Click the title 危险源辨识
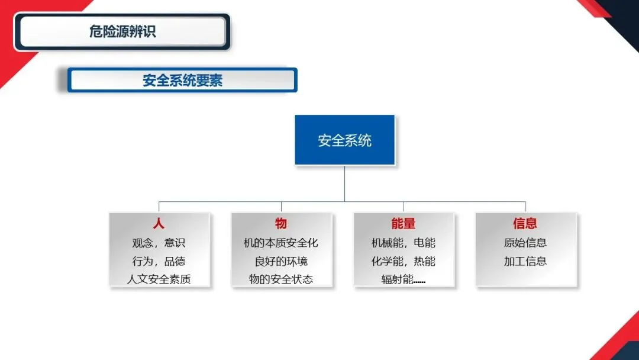[122, 32]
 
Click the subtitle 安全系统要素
[182, 81]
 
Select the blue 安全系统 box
[344, 140]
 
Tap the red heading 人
[159, 224]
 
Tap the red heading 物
[281, 224]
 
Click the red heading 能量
[404, 224]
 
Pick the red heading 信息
[525, 224]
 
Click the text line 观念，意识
[159, 243]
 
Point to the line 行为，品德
[159, 261]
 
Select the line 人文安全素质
[159, 279]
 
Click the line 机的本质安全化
[281, 243]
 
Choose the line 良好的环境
[281, 261]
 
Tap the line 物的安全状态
[281, 279]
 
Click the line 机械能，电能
[404, 243]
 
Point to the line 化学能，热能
[404, 261]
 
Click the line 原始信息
[525, 243]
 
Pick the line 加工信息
[525, 261]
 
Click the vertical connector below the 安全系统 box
[344, 183]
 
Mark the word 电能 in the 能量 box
[425, 243]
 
